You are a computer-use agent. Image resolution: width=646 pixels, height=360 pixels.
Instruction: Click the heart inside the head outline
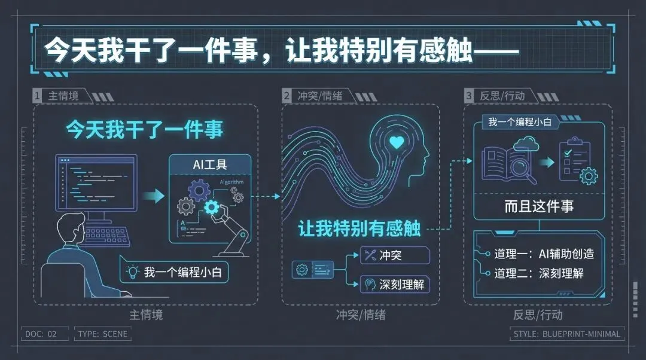pyautogui.click(x=397, y=142)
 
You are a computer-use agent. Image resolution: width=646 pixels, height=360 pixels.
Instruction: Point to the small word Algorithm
pyautogui.click(x=231, y=181)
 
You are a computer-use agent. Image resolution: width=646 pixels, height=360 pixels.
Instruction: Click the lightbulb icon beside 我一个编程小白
pyautogui.click(x=132, y=272)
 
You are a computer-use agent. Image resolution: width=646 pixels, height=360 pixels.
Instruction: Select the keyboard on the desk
pyautogui.click(x=106, y=236)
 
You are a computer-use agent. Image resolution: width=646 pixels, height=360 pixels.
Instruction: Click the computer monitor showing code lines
pyautogui.click(x=96, y=182)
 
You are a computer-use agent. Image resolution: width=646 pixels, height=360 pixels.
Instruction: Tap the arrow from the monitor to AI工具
pyautogui.click(x=153, y=196)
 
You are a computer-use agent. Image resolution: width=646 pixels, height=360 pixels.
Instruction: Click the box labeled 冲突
pyautogui.click(x=394, y=255)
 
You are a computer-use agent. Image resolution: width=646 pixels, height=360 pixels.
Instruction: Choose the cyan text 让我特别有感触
pyautogui.click(x=359, y=229)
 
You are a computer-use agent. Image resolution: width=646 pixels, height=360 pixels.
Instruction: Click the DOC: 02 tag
pyautogui.click(x=41, y=334)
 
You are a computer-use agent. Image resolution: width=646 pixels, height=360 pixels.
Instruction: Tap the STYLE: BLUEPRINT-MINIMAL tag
pyautogui.click(x=567, y=334)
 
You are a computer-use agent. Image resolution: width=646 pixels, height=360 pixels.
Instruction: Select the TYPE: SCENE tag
pyautogui.click(x=102, y=334)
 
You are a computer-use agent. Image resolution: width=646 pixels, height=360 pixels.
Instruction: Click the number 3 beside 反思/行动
pyautogui.click(x=470, y=96)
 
